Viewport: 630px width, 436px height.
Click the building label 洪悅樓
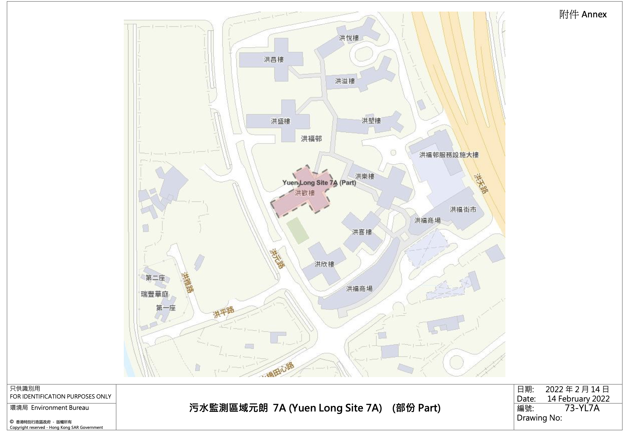point(349,38)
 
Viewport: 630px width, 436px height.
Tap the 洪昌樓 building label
point(274,59)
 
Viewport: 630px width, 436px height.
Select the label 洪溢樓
point(345,81)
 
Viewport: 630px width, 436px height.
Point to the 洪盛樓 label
point(280,121)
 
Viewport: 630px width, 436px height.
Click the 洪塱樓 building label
point(371,121)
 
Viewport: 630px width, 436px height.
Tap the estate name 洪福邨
point(311,139)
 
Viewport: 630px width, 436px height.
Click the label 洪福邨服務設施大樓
point(449,155)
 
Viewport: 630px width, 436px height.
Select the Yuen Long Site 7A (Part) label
point(319,183)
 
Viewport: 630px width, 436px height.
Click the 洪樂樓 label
point(365,176)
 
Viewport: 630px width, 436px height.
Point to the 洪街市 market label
point(463,210)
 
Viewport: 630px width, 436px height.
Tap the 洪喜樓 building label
point(362,232)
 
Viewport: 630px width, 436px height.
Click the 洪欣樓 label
point(324,264)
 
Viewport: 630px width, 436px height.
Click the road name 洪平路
point(223,312)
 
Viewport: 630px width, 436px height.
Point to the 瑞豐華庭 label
point(155,294)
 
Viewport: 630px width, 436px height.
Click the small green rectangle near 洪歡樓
point(297,231)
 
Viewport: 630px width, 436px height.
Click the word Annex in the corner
point(594,14)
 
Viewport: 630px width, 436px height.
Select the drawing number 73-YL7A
point(582,408)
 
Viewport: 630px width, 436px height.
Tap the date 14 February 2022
point(578,399)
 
